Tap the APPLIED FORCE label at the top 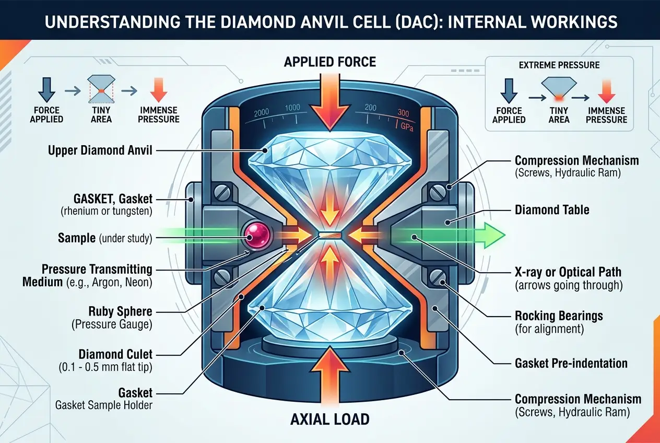click(x=329, y=62)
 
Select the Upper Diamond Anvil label click(x=100, y=151)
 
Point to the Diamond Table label click(x=552, y=210)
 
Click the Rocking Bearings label click(x=558, y=316)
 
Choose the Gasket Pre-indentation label click(x=571, y=363)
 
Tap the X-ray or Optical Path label click(x=568, y=272)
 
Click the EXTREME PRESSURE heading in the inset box click(x=559, y=65)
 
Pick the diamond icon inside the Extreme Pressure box click(x=559, y=86)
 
